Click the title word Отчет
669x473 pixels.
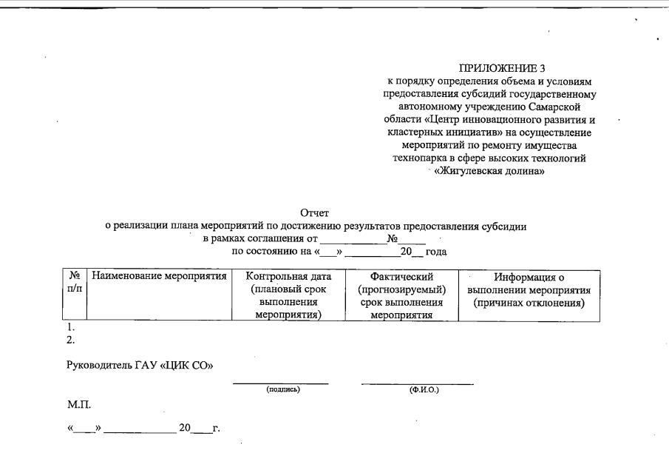click(314, 214)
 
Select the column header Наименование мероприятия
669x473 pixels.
click(159, 277)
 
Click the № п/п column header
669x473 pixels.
click(74, 282)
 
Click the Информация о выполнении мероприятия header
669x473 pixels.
click(529, 289)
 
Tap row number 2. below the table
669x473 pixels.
click(71, 341)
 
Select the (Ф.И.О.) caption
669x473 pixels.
click(424, 390)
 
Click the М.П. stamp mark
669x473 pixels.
click(79, 405)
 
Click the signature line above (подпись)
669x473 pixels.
click(281, 383)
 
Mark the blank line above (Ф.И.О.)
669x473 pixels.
click(417, 383)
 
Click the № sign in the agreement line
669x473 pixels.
click(392, 239)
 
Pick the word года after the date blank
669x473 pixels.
click(436, 252)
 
